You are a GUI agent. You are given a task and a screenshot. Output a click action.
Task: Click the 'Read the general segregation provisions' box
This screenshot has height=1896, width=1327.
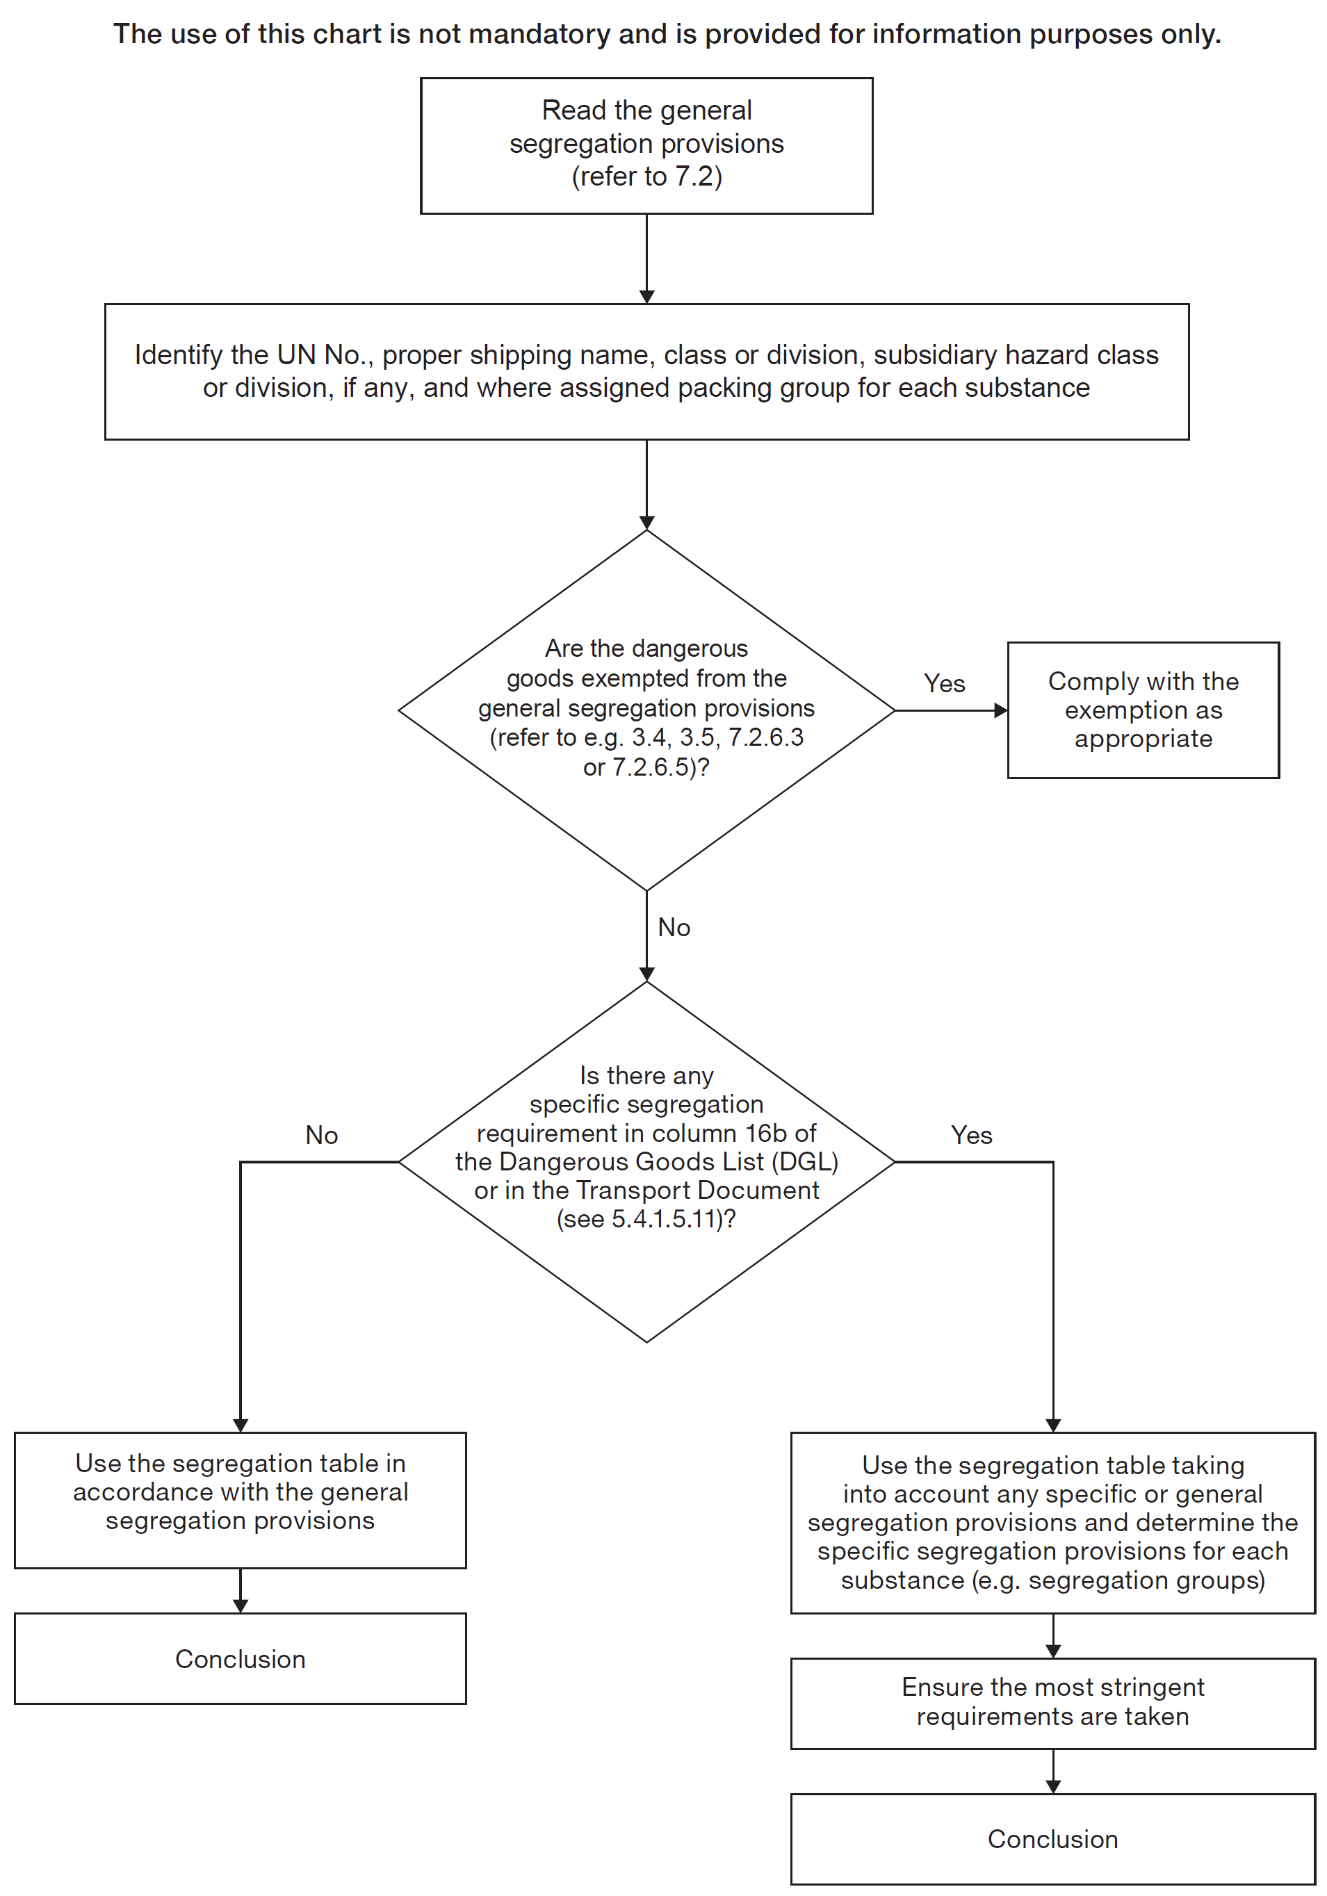[646, 145]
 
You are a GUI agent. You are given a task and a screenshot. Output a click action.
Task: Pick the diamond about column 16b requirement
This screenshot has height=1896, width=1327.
[646, 1162]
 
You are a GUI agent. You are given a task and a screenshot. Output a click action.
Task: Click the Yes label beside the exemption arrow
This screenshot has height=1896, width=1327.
[944, 684]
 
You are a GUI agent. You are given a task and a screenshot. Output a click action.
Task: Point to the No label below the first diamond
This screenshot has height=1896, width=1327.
[674, 927]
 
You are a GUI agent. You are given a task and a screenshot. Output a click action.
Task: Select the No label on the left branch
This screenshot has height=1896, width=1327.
[321, 1136]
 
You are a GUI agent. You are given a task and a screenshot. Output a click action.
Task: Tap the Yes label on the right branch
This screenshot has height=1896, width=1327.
[971, 1136]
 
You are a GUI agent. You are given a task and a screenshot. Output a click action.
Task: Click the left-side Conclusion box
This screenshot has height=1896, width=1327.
[241, 1658]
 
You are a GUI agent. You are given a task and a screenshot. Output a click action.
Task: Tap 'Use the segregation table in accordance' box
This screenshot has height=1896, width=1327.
[241, 1492]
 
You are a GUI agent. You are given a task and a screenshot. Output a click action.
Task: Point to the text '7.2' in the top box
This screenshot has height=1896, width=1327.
[694, 177]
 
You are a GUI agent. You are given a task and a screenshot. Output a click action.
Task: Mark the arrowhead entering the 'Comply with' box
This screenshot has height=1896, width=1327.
[1000, 710]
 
